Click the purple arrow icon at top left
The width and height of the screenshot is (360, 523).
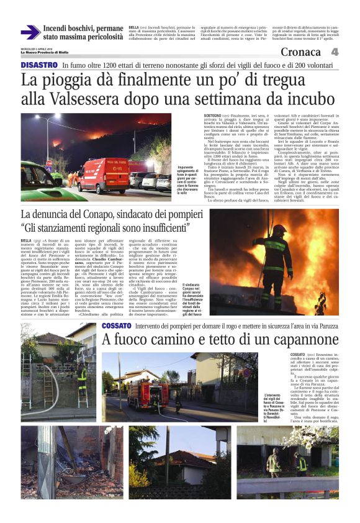(30, 32)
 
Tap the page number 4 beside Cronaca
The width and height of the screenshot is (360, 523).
(334, 52)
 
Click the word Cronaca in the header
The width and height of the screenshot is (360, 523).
(300, 52)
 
